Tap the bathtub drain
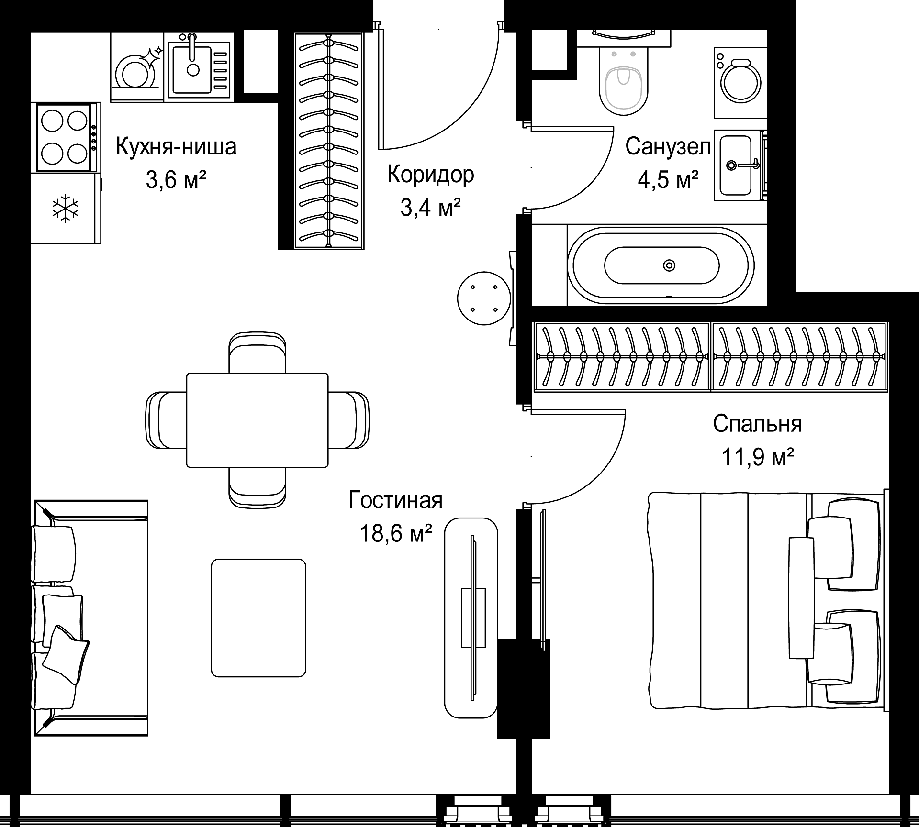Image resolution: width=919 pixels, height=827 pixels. point(669,265)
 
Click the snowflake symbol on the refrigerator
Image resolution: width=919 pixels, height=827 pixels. point(65,208)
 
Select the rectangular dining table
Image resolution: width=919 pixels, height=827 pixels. point(258,420)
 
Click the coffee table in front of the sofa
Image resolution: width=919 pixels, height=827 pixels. point(258,618)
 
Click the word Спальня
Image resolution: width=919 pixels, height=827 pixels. point(757,424)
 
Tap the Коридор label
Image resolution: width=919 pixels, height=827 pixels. point(431,175)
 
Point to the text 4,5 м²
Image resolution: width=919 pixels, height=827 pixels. point(668,180)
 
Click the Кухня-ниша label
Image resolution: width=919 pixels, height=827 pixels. point(176,146)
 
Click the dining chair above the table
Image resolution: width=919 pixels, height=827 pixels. point(258,353)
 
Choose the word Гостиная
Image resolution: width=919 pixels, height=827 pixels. point(395,500)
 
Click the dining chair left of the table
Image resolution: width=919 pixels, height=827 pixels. point(166,420)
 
